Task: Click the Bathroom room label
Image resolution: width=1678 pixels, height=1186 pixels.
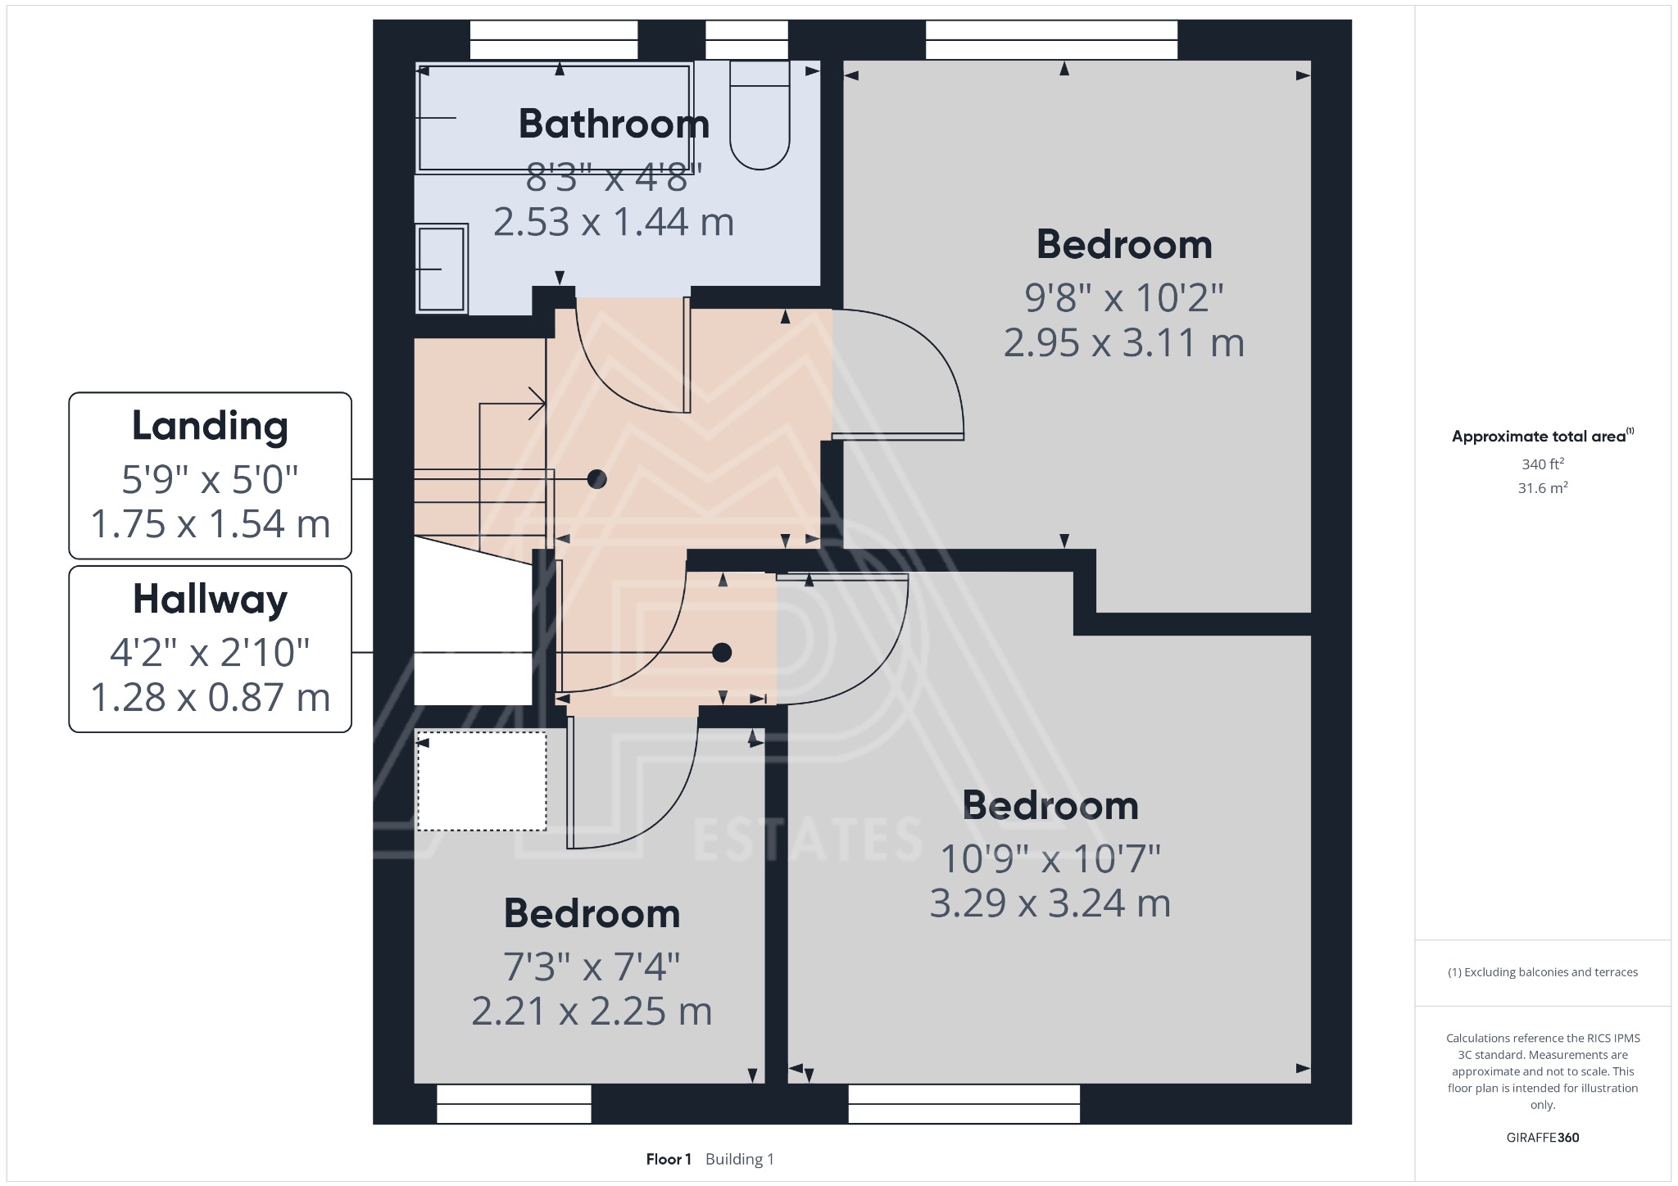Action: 614,124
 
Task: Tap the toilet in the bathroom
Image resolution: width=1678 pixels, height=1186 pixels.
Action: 760,123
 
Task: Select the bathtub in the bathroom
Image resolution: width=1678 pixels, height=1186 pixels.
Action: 555,119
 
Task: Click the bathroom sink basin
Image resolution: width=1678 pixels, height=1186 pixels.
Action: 442,269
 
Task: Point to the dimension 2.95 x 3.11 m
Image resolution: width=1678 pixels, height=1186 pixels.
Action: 1123,342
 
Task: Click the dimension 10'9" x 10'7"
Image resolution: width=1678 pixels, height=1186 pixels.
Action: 1050,859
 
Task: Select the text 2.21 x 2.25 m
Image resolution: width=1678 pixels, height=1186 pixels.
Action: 592,1012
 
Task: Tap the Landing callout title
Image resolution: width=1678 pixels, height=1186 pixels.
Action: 210,427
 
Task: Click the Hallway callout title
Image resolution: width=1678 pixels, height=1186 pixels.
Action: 210,600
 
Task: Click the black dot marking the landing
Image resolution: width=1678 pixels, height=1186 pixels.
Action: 597,479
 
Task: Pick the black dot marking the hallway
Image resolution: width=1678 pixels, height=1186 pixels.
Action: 722,653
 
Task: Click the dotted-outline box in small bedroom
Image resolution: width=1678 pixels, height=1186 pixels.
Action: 482,781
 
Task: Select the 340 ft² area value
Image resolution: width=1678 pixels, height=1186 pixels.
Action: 1543,464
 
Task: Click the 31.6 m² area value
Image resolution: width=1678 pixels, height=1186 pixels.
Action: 1543,488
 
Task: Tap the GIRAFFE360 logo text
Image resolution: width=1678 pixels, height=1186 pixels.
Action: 1542,1138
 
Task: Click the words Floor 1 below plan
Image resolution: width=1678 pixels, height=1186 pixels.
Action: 669,1159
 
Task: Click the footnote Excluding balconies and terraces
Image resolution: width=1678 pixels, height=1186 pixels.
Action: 1542,972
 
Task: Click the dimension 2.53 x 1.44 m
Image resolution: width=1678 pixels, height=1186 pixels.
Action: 614,223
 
